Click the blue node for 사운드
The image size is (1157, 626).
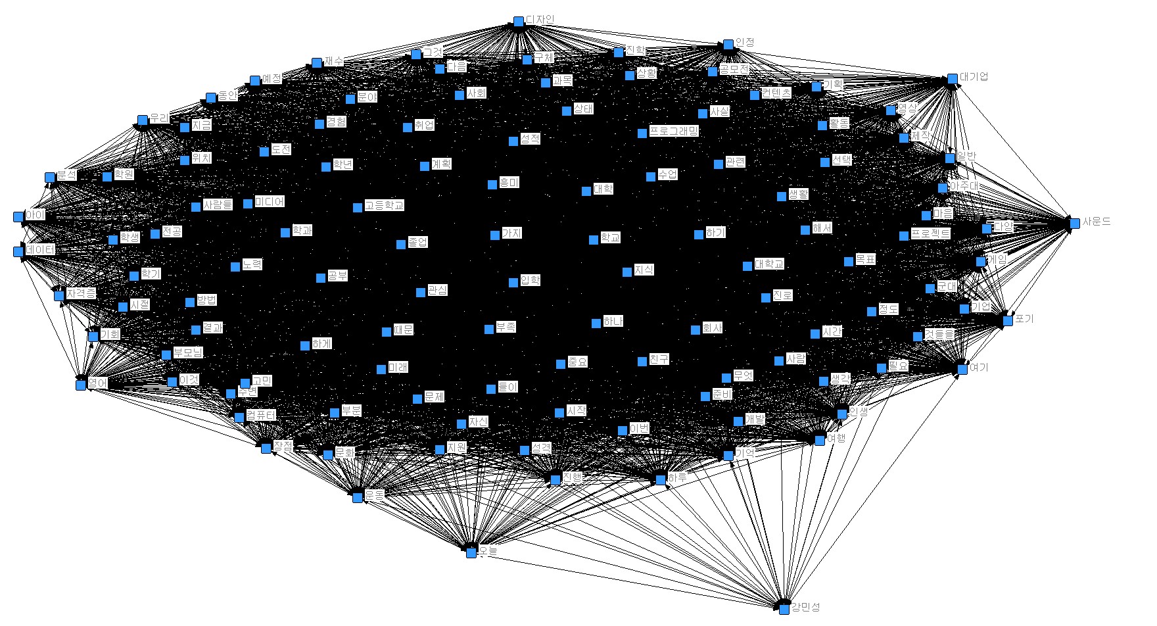click(1075, 224)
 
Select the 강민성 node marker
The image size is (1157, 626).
click(784, 610)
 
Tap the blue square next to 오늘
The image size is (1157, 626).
click(471, 553)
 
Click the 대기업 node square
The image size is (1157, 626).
click(953, 79)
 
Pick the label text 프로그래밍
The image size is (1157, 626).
click(674, 131)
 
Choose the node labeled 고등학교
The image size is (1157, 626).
click(358, 208)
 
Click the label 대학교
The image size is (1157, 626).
click(769, 264)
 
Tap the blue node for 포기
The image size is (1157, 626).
click(1008, 321)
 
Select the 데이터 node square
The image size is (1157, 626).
click(18, 251)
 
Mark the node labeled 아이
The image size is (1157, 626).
click(18, 216)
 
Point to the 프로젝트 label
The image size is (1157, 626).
click(930, 233)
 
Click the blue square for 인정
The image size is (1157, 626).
click(728, 45)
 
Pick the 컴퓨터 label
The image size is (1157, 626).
click(261, 415)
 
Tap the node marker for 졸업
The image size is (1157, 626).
click(401, 245)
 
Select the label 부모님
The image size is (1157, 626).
click(188, 352)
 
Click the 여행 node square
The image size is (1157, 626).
click(820, 440)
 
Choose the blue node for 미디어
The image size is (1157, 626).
click(248, 204)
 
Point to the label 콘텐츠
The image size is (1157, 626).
click(776, 93)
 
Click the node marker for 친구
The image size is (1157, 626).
click(642, 362)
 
